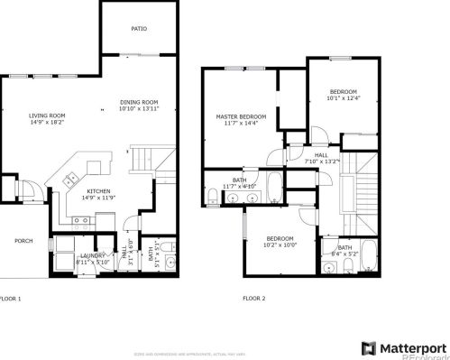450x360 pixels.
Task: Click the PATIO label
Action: pyautogui.click(x=138, y=29)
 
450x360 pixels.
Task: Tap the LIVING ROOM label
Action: pyautogui.click(x=47, y=115)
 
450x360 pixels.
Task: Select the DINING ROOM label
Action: pyautogui.click(x=140, y=102)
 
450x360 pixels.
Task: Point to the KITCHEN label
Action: pyautogui.click(x=98, y=191)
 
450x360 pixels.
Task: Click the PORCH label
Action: pyautogui.click(x=23, y=241)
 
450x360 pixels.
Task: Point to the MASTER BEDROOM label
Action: pyautogui.click(x=241, y=117)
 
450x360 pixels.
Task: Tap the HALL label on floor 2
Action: pyautogui.click(x=321, y=155)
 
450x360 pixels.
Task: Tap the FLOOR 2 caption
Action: pyautogui.click(x=255, y=298)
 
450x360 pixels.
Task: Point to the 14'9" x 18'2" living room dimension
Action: pyautogui.click(x=47, y=123)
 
